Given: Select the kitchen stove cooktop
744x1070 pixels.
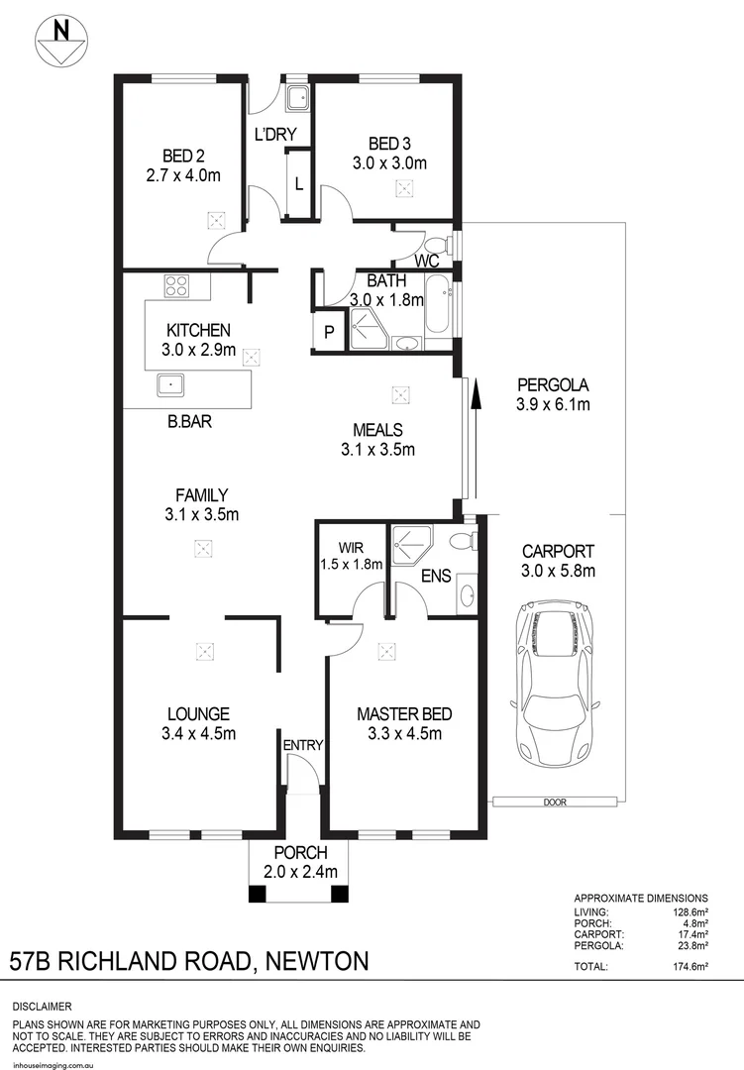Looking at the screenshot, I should pyautogui.click(x=176, y=287).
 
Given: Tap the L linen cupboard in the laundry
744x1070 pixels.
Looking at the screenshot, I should pyautogui.click(x=298, y=183).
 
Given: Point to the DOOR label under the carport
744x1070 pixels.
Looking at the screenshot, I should pyautogui.click(x=555, y=802).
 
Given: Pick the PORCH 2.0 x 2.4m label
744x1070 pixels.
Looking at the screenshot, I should pyautogui.click(x=301, y=863).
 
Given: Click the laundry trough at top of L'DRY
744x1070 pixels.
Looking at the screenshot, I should pyautogui.click(x=296, y=97).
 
